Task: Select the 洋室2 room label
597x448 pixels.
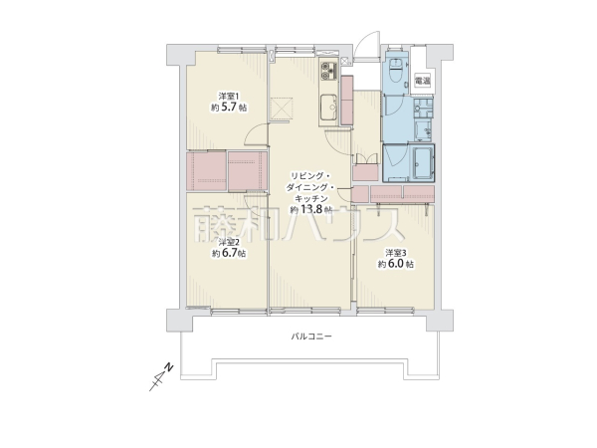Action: [x=229, y=242]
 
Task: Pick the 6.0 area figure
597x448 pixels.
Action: [x=396, y=264]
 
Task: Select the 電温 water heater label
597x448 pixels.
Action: [x=422, y=81]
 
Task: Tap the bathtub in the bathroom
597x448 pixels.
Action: [x=423, y=163]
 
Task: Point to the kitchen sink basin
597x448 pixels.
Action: [x=328, y=107]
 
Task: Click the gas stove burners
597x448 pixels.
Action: [x=328, y=72]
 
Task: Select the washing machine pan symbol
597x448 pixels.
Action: [x=423, y=109]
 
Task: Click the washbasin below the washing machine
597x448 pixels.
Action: [x=423, y=130]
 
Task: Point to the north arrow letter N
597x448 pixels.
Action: [x=169, y=367]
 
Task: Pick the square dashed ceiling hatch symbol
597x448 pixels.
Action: [x=282, y=108]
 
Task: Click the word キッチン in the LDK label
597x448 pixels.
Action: [x=311, y=198]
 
